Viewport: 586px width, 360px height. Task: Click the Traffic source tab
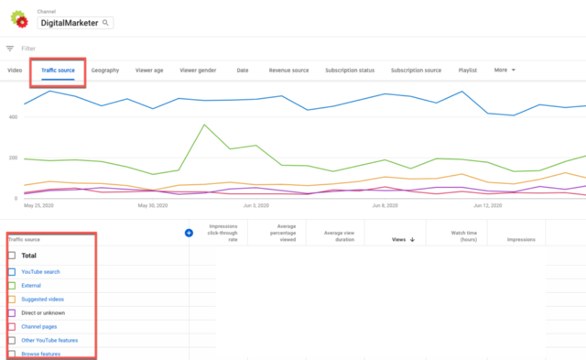point(58,70)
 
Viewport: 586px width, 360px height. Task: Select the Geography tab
point(105,70)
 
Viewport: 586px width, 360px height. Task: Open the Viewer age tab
point(150,70)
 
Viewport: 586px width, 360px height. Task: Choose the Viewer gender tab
point(198,70)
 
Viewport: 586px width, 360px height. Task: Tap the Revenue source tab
point(288,70)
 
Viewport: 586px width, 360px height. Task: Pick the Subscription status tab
point(353,70)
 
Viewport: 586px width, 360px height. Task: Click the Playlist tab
point(468,70)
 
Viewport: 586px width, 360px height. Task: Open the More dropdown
point(505,70)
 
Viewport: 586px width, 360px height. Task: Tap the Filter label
point(28,48)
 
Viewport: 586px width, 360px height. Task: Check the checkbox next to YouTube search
point(11,272)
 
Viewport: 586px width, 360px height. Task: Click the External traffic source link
point(33,286)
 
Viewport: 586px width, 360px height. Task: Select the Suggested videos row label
point(42,300)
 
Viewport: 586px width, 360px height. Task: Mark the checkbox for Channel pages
point(11,326)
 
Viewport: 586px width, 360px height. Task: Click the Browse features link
point(42,353)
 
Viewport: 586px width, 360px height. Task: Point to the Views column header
point(399,239)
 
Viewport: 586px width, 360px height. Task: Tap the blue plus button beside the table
point(190,233)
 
